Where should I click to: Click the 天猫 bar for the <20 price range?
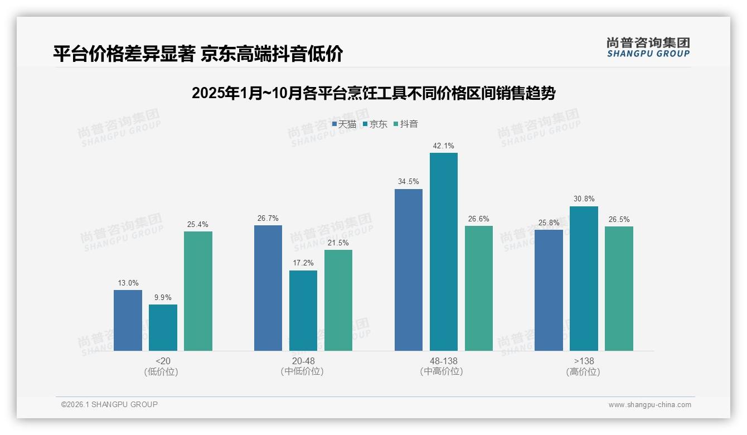[128, 320]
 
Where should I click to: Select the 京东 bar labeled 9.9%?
[163, 327]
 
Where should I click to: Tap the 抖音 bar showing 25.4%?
[198, 291]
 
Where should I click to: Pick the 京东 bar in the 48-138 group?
[443, 252]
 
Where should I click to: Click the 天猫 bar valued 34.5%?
[408, 269]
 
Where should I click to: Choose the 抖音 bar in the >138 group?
[619, 288]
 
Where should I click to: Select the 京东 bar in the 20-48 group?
[303, 310]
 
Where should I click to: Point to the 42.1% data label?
[443, 146]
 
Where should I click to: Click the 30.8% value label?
[584, 199]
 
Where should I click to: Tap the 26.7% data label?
[268, 218]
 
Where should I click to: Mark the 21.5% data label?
[338, 243]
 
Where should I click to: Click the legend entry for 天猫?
[344, 124]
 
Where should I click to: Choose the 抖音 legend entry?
[406, 124]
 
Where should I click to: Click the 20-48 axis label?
[303, 361]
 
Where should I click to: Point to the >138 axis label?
[583, 361]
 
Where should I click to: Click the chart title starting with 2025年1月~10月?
[373, 93]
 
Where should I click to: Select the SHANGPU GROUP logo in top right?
[648, 47]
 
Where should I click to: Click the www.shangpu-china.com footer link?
[649, 405]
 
